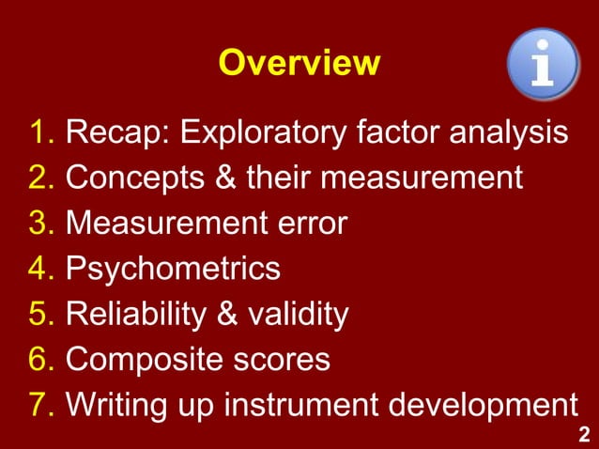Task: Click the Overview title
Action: pos(299,63)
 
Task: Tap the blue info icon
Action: pos(542,63)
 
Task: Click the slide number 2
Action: pos(584,434)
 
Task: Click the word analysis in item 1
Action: pos(511,133)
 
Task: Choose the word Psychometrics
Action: pos(173,270)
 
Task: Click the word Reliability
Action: pos(131,315)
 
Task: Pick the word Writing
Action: pos(116,405)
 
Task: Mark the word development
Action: pos(488,405)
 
